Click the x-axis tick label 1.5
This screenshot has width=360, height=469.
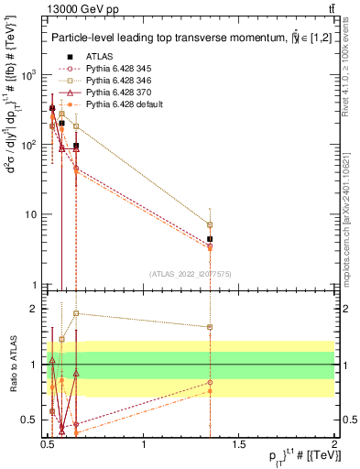coord(239,445)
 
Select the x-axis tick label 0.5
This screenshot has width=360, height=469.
coord(49,445)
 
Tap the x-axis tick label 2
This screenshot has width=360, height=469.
coord(334,445)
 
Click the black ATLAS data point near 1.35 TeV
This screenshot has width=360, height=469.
coord(211,239)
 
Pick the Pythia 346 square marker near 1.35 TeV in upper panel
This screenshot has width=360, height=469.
coord(211,224)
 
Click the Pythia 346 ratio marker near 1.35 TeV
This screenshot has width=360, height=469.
coord(211,327)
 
